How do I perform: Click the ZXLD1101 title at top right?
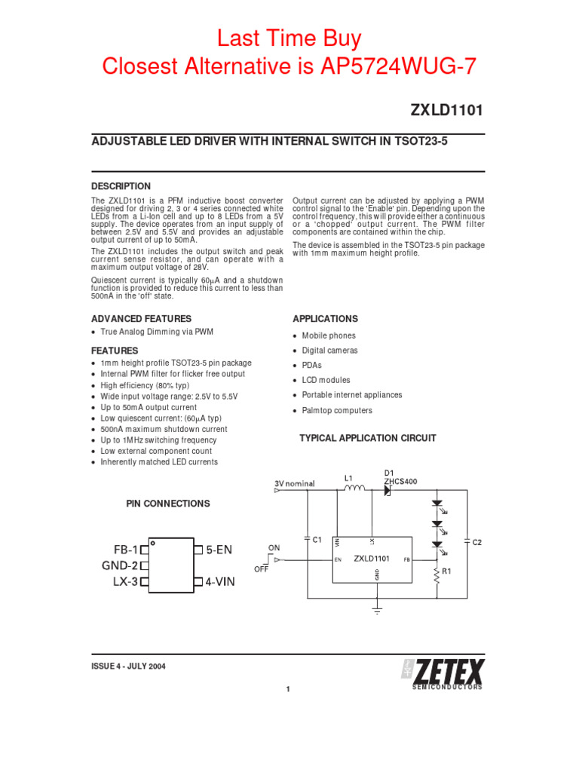tap(446, 110)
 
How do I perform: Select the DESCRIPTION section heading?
tap(121, 186)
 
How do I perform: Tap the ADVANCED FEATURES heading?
tap(141, 319)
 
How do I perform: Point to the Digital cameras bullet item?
tap(329, 351)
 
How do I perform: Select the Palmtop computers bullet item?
tap(337, 411)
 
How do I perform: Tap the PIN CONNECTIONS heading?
tap(167, 504)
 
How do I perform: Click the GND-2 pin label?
tap(120, 565)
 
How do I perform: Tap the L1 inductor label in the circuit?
tap(348, 478)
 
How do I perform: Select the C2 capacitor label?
tap(477, 541)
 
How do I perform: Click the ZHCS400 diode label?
tap(400, 481)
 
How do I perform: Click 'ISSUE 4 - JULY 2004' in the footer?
tap(128, 666)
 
